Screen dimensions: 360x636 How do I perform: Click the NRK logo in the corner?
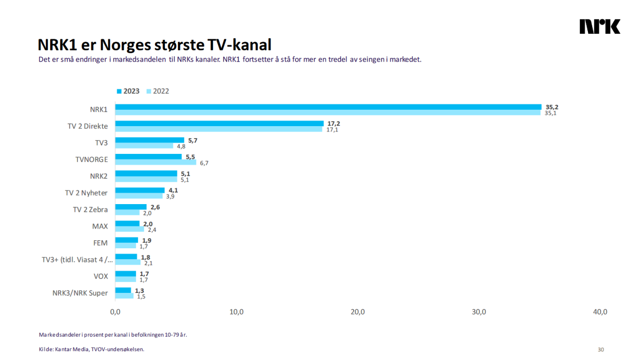click(600, 27)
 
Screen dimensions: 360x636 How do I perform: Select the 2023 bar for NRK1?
click(328, 107)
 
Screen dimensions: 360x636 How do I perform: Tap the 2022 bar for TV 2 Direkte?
click(219, 130)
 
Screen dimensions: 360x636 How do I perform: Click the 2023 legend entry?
click(128, 91)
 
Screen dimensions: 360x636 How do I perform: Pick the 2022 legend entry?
click(158, 91)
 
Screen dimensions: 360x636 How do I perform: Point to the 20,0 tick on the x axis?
click(358, 312)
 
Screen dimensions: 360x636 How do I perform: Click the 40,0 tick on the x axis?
click(600, 312)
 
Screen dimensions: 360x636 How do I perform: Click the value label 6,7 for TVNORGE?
click(204, 163)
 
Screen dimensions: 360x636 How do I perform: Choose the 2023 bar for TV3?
click(150, 141)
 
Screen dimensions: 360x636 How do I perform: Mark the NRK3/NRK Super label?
click(80, 293)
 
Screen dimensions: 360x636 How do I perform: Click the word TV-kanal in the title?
click(239, 45)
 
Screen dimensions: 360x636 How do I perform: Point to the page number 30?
click(601, 350)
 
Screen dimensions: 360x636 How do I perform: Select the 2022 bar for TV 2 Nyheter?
click(139, 196)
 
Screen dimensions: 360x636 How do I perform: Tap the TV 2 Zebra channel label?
click(90, 210)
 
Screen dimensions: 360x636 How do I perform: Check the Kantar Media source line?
click(91, 350)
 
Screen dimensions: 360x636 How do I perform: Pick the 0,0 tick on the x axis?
click(115, 312)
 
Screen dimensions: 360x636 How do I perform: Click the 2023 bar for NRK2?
click(146, 174)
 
